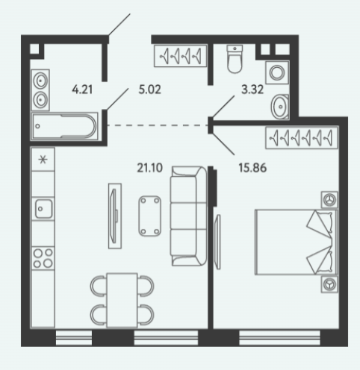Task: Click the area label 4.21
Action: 82,90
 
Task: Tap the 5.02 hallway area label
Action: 149,90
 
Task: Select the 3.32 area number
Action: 252,90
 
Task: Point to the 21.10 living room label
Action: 149,168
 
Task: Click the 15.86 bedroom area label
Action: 252,168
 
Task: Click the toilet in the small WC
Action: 235,59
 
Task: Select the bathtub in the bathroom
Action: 65,126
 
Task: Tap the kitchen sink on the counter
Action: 43,209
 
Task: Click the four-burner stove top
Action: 43,258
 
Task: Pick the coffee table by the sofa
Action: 149,216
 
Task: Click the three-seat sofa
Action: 188,216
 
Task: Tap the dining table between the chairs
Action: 122,301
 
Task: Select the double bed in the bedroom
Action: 296,242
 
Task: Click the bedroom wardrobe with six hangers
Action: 302,138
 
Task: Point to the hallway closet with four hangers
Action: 181,56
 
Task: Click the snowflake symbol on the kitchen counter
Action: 43,159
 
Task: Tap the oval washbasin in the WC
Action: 280,107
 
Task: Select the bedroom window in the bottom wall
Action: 279,338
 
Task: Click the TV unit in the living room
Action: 115,216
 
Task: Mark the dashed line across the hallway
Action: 158,125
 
